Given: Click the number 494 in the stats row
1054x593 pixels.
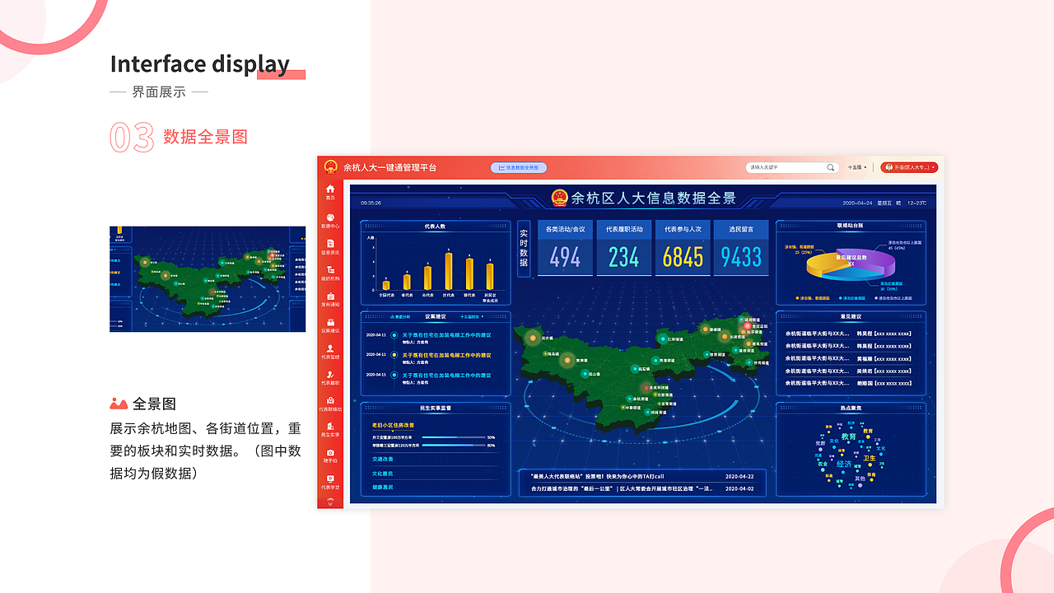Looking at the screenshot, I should click(x=565, y=258).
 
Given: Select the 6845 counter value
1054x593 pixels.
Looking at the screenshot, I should click(x=683, y=258).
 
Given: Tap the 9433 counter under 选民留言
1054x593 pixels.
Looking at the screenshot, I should click(x=741, y=258).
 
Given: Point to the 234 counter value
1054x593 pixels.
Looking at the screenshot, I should click(x=623, y=258).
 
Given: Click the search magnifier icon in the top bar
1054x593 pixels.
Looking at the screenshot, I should click(x=830, y=168).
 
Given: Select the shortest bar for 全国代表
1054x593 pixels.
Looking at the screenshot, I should click(x=385, y=285).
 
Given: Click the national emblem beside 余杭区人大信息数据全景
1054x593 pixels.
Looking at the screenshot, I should click(x=560, y=198).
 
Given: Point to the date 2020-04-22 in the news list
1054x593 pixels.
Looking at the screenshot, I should click(x=739, y=476).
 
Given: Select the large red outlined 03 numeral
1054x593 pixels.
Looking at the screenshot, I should click(x=132, y=138).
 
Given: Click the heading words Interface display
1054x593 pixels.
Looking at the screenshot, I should click(x=199, y=64).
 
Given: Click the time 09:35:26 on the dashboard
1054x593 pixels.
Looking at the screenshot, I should click(x=371, y=203).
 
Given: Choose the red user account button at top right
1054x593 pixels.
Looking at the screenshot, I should click(x=909, y=167).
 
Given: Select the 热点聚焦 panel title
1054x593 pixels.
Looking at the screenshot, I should click(x=850, y=408).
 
